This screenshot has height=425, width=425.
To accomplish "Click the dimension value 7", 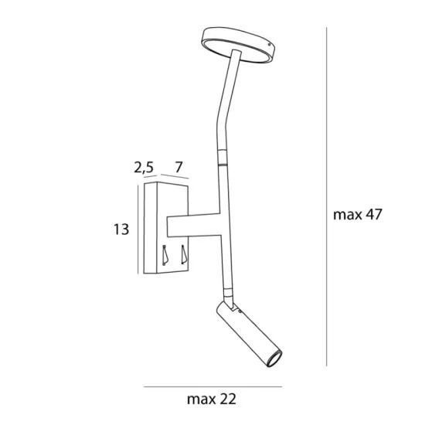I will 178,166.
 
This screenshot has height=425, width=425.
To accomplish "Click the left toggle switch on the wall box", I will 165,254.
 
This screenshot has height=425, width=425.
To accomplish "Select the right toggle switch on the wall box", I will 184,254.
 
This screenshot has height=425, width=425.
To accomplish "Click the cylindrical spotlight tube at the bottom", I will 248,337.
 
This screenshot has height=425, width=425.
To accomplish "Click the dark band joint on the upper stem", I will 223,163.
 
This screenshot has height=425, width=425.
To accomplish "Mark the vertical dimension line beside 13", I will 138,229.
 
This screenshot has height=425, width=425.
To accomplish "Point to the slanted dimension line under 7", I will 173,178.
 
